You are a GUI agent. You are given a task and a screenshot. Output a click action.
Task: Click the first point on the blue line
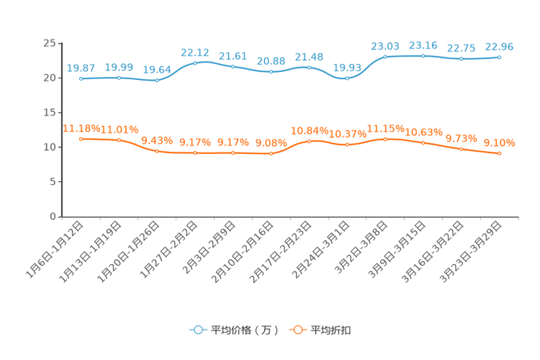81,78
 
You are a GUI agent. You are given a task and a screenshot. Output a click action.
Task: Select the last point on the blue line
499,57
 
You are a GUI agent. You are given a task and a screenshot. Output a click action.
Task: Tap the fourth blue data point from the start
195,63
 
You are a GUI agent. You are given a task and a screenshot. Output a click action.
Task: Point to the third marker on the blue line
157,80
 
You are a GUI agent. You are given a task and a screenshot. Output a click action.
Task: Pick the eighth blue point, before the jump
348,78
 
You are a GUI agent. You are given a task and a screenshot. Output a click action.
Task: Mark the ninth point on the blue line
385,56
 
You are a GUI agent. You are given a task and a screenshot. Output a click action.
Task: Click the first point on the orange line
81,139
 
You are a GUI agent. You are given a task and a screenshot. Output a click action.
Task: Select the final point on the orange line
499,154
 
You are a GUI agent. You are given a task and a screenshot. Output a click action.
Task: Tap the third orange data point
157,151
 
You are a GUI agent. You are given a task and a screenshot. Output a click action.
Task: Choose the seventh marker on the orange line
310,141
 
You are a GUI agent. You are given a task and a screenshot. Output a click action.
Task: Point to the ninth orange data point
385,138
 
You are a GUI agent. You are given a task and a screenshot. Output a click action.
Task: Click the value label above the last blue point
499,46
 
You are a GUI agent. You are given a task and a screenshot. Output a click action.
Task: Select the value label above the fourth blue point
195,52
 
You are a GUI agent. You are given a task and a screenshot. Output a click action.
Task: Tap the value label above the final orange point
499,143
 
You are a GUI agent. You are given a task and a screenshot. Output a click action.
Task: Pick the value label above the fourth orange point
195,142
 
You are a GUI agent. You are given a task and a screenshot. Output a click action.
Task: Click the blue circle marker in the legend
197,330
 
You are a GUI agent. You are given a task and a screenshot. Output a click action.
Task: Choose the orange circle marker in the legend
297,330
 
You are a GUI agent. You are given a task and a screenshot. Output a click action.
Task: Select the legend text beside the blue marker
245,330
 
